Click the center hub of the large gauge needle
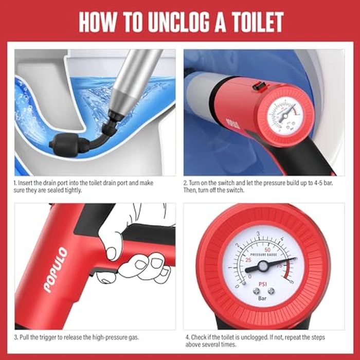pos(263,266)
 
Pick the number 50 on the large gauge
pos(268,248)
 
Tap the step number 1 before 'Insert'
pos(15,183)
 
